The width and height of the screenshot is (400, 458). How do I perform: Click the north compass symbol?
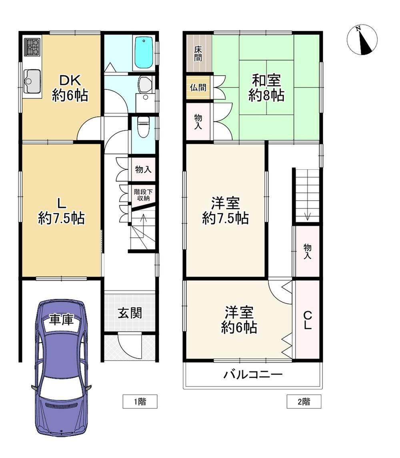click(x=362, y=40)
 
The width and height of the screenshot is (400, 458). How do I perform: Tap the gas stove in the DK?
click(x=32, y=47)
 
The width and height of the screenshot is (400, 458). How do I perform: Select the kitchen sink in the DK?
click(x=32, y=81)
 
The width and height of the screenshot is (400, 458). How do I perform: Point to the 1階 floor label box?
click(x=140, y=401)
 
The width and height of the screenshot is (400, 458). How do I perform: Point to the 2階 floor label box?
click(x=304, y=401)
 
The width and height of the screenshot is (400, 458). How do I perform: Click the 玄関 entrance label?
click(x=130, y=313)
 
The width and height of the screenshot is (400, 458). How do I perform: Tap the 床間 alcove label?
click(x=198, y=54)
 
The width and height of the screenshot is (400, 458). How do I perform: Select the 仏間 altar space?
click(x=198, y=88)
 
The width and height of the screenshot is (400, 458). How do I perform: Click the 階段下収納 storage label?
click(x=143, y=195)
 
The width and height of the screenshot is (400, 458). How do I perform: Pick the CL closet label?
click(x=307, y=320)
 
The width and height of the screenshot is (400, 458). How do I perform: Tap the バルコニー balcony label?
click(x=253, y=374)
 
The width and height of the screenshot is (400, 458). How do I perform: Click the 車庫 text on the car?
click(x=61, y=320)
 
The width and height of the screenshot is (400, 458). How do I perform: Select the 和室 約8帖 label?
click(x=266, y=88)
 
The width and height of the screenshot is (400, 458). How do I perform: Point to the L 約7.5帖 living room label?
click(x=62, y=211)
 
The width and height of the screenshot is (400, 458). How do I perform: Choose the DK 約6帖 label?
click(x=70, y=88)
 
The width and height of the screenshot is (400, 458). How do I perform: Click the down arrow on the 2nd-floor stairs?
click(x=307, y=217)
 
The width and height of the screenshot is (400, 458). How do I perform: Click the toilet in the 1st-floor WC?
click(x=143, y=127)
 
